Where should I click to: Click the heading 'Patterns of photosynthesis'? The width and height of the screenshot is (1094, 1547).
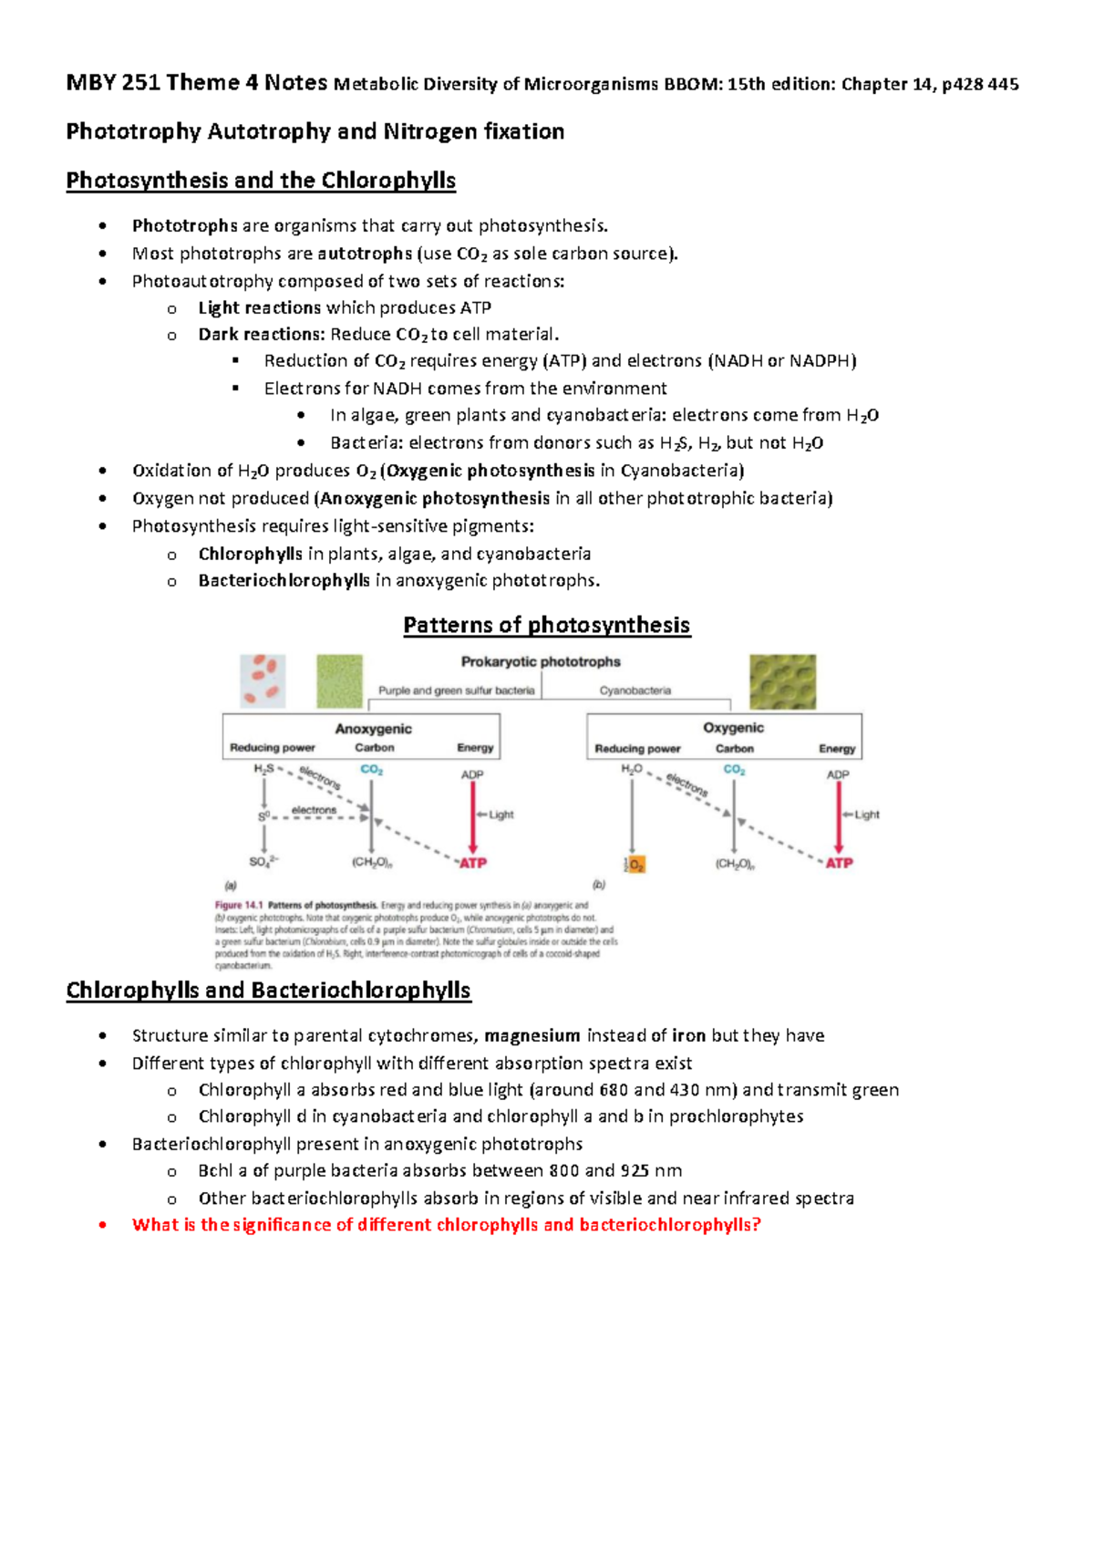(546, 625)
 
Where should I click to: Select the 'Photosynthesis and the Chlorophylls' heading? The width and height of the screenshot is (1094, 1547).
(261, 180)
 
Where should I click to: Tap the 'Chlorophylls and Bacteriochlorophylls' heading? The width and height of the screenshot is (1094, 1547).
(268, 990)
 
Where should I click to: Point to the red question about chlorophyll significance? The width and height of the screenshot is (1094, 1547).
(446, 1224)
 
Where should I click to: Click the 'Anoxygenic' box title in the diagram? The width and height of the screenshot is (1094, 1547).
(373, 729)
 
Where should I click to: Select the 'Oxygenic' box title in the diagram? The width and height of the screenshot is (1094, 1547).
(733, 728)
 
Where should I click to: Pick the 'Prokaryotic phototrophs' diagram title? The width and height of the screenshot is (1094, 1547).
(541, 661)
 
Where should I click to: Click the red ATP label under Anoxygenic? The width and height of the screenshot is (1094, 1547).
(472, 863)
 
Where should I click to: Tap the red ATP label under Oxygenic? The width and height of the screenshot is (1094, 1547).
(839, 863)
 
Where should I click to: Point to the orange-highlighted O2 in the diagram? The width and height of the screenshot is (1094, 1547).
(635, 864)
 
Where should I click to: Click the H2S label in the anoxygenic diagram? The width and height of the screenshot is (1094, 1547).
(263, 769)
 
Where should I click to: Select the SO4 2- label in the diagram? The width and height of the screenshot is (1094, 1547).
(263, 862)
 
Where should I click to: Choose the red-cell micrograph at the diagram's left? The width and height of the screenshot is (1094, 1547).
(263, 680)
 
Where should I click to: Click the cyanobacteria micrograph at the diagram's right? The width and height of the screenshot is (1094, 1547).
(782, 681)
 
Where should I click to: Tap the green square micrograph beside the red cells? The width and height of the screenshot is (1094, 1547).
(339, 680)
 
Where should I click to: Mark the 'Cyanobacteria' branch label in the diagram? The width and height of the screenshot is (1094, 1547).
(635, 690)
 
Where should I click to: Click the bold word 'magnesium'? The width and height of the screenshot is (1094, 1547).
(532, 1035)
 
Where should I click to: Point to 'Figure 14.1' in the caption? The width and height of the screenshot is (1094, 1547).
(238, 906)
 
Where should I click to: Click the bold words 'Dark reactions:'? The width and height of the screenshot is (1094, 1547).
(262, 334)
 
